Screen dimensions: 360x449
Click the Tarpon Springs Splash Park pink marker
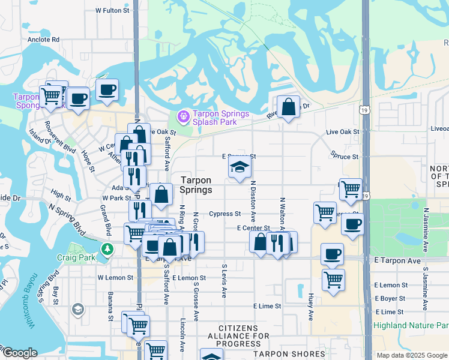pyautogui.click(x=183, y=115)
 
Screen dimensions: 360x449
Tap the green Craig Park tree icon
pyautogui.click(x=107, y=248)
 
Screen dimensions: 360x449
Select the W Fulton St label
pyautogui.click(x=112, y=11)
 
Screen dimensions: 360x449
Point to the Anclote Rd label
pyautogui.click(x=43, y=40)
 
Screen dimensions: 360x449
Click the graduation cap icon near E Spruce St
pyautogui.click(x=240, y=168)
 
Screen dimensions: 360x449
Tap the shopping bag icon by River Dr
pyautogui.click(x=288, y=107)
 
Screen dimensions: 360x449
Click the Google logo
pyautogui.click(x=19, y=353)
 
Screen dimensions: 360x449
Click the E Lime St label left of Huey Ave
pyautogui.click(x=267, y=306)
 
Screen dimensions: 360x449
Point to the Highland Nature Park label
pyautogui.click(x=411, y=326)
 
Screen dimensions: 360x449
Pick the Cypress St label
pyautogui.click(x=224, y=214)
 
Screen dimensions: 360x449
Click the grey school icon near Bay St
pyautogui.click(x=77, y=309)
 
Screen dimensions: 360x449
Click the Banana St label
pyautogui.click(x=110, y=306)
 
